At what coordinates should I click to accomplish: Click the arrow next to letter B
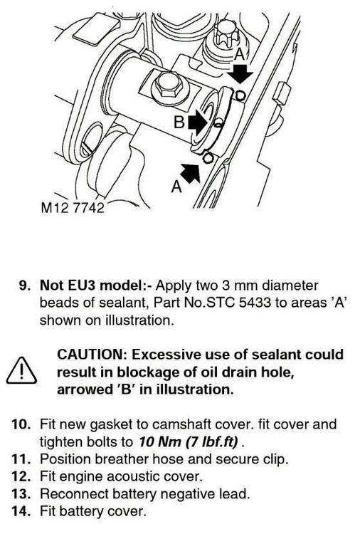[x=197, y=122]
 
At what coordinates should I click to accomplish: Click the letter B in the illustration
[x=179, y=122]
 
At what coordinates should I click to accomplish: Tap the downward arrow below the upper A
[x=240, y=73]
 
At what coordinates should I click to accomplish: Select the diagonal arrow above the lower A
[x=190, y=173]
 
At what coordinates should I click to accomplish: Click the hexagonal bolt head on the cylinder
[x=169, y=85]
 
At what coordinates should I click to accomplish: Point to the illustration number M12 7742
[x=72, y=206]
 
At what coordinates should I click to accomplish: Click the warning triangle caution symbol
[x=21, y=370]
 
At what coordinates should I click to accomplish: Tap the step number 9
[x=25, y=285]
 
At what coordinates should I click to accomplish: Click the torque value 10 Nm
[x=159, y=441]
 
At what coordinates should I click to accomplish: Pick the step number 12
[x=21, y=476]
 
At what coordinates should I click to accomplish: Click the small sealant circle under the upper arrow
[x=240, y=95]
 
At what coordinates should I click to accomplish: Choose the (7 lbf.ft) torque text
[x=212, y=441]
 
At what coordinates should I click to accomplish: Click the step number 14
[x=21, y=511]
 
